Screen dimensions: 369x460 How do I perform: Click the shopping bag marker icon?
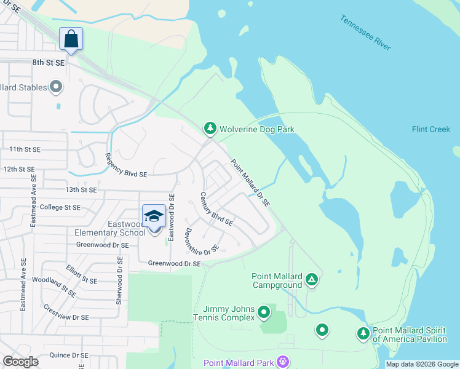(71, 39)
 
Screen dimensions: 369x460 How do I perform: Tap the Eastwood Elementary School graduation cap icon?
(154, 216)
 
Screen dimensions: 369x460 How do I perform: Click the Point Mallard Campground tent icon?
(312, 280)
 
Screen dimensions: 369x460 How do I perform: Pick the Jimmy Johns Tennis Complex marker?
(264, 312)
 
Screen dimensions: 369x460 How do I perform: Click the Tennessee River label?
(365, 32)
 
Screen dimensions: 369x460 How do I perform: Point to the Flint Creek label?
(431, 129)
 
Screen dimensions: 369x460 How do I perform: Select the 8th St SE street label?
(49, 63)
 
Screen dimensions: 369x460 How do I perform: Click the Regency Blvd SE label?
(126, 165)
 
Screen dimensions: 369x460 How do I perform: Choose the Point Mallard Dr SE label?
(250, 183)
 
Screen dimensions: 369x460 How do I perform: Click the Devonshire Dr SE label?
(202, 242)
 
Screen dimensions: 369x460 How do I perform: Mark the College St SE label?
(60, 207)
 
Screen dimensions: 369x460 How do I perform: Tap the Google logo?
(20, 362)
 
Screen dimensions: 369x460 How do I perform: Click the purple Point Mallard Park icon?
(283, 362)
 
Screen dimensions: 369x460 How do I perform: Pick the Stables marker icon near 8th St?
(56, 87)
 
